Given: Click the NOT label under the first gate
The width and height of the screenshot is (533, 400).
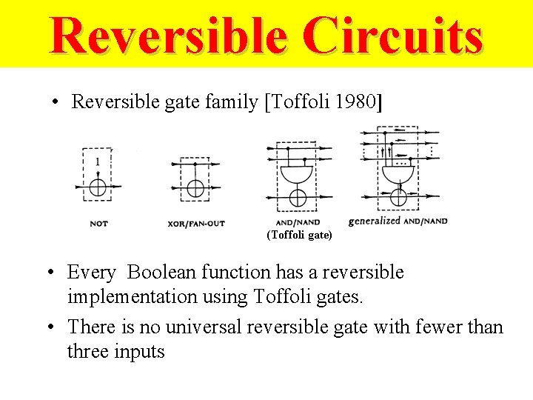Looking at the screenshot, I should coord(98,223).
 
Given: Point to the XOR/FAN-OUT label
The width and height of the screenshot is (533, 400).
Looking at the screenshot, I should coord(195,223).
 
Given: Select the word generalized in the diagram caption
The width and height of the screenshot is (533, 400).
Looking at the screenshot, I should coord(374,221).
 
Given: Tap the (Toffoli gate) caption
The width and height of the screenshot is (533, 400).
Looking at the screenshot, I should coord(299,236).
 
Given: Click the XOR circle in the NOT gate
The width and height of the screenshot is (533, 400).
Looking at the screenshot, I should coord(98,188).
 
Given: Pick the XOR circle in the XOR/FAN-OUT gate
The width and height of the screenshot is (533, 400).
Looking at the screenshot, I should coord(195,188).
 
